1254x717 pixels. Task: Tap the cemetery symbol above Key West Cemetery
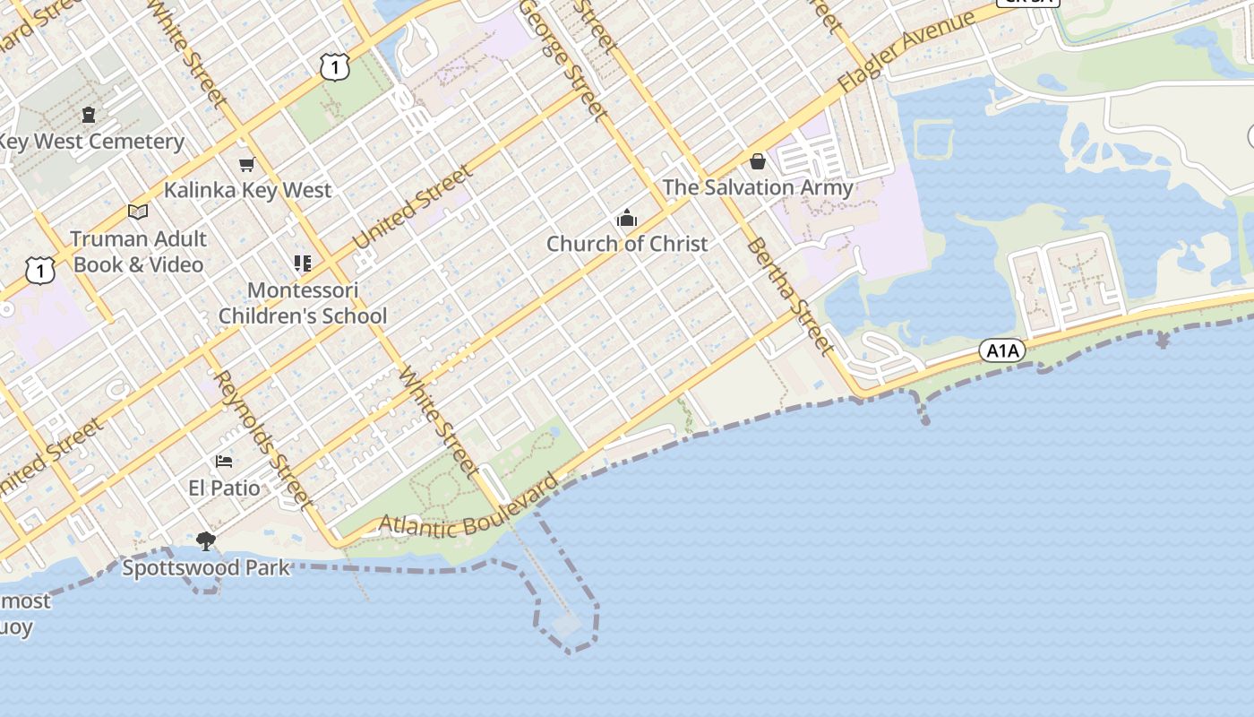89,115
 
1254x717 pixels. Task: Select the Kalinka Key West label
247,190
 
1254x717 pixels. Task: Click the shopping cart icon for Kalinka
246,164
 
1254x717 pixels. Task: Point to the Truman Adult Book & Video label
139,252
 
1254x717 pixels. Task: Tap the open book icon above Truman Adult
138,212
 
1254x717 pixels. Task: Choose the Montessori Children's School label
303,303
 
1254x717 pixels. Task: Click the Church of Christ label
627,244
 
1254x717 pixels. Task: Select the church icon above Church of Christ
626,218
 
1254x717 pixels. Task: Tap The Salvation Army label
758,187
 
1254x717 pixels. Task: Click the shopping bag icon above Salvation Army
758,161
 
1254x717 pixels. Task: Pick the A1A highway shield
1001,350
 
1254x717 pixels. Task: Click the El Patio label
225,488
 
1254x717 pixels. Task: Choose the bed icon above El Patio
224,462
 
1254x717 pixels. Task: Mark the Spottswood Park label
206,568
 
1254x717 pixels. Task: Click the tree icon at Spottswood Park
206,540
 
